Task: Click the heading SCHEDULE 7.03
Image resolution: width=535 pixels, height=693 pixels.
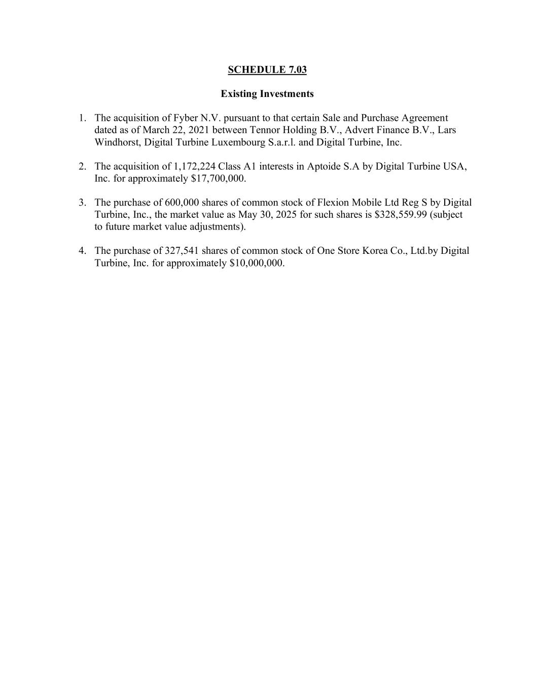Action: (267, 70)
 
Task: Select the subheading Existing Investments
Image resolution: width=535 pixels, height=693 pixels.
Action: (267, 94)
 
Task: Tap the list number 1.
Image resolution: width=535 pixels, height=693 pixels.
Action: (82, 118)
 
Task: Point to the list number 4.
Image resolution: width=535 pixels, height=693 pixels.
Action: (82, 251)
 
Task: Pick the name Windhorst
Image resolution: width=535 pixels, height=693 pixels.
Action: (117, 142)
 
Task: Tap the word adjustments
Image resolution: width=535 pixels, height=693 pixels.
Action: (218, 226)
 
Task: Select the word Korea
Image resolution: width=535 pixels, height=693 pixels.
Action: (375, 251)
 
